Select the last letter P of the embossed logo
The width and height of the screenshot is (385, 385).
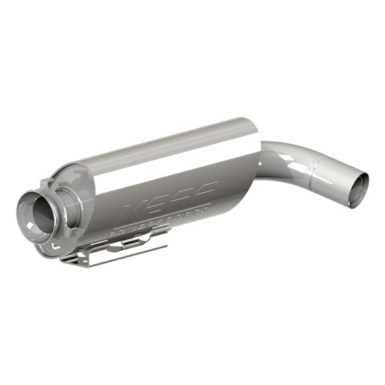[204, 191]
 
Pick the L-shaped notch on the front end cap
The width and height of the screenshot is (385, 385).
[56, 244]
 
